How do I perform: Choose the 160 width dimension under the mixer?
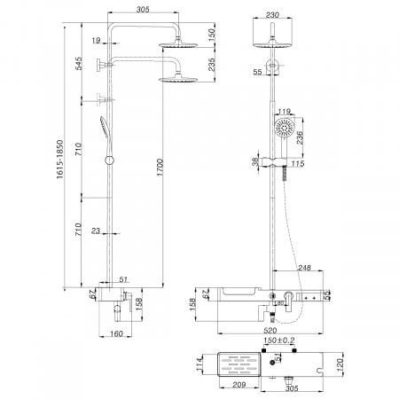pyautogui.click(x=116, y=333)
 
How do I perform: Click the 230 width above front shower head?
pyautogui.click(x=273, y=16)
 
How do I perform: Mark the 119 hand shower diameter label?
pyautogui.click(x=285, y=112)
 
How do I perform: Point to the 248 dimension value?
pyautogui.click(x=304, y=267)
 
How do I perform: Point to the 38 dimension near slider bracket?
pyautogui.click(x=256, y=161)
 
